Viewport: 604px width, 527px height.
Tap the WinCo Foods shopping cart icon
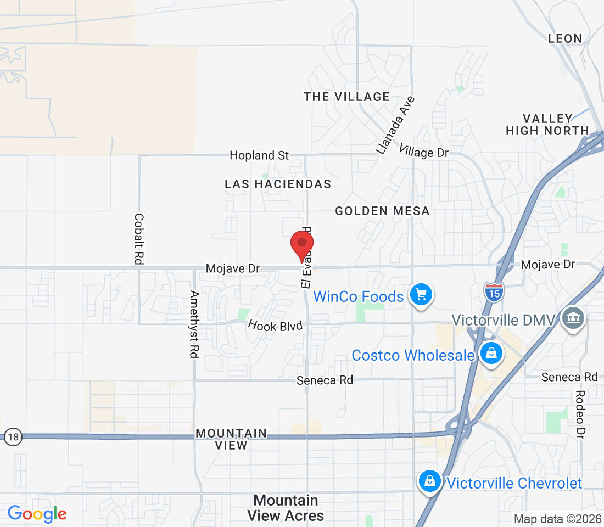[421, 295]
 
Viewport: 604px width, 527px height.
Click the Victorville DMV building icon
[574, 318]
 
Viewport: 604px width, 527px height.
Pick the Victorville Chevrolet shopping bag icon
[430, 481]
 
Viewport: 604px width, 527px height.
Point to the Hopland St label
[259, 155]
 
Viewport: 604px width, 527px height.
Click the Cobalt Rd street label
[139, 239]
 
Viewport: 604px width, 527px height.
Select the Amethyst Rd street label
[193, 324]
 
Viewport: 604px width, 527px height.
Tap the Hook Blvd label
[275, 326]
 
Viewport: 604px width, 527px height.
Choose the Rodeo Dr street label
[580, 414]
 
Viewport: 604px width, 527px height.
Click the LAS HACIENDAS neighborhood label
[278, 184]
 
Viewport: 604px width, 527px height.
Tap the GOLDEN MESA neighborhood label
[382, 211]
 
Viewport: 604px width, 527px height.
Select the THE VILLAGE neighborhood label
[346, 97]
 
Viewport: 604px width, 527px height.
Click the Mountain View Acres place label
[286, 508]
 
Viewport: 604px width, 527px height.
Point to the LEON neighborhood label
[565, 38]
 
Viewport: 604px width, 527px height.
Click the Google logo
[37, 514]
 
